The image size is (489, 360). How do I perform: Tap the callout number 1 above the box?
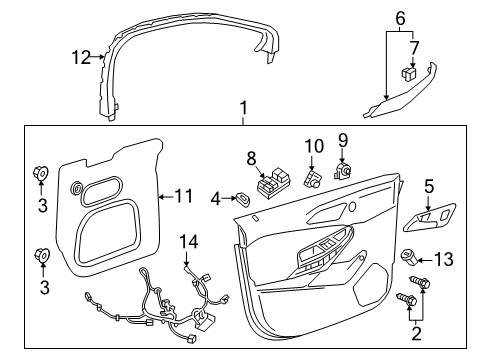(x=240, y=107)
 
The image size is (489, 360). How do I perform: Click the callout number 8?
(x=252, y=157)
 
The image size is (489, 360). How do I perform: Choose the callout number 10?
(x=310, y=146)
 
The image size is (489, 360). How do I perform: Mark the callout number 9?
(x=341, y=139)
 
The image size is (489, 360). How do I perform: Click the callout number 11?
(x=183, y=196)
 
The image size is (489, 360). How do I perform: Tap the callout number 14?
(x=189, y=241)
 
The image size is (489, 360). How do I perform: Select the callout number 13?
(x=444, y=260)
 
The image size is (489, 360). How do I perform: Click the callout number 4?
(x=213, y=200)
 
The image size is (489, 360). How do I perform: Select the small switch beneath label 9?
(x=344, y=171)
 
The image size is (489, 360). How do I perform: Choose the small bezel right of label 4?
(x=243, y=199)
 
